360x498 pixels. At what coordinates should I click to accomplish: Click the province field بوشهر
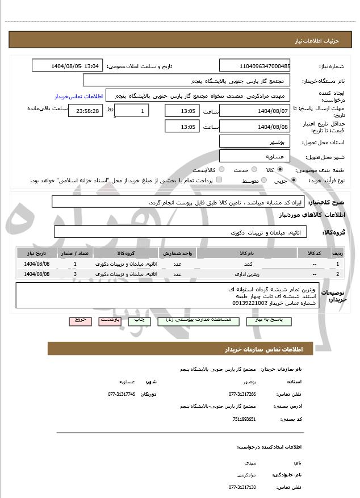pyautogui.click(x=254, y=141)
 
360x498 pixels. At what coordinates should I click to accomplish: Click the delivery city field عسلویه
pyautogui.click(x=254, y=156)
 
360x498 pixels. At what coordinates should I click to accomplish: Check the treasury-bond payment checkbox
pyautogui.click(x=220, y=181)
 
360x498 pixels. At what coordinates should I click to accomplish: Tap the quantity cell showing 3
pyautogui.click(x=76, y=274)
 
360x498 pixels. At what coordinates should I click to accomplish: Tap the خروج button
pyautogui.click(x=80, y=320)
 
